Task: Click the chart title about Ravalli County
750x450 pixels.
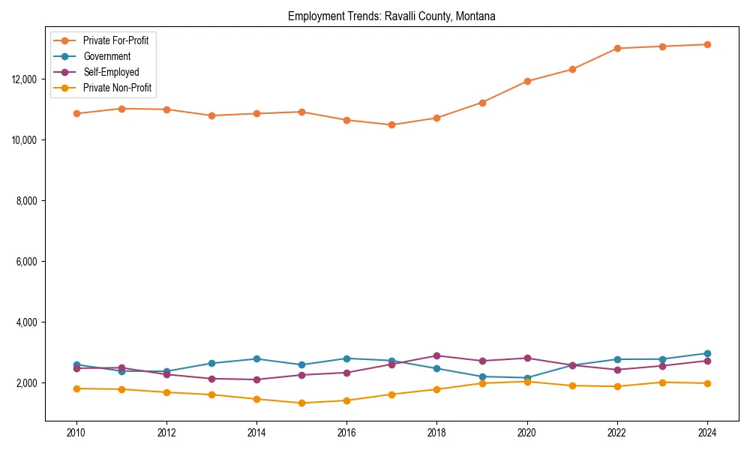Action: pos(391,16)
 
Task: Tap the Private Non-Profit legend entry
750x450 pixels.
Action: pos(117,88)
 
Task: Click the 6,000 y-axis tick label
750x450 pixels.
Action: pos(27,262)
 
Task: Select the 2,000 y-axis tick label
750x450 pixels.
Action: pos(27,383)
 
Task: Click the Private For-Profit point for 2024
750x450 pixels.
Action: pos(706,44)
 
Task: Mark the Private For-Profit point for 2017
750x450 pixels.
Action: pos(391,125)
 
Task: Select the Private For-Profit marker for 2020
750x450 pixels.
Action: pos(526,81)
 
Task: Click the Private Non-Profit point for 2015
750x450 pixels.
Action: pos(301,403)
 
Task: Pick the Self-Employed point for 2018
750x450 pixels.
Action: pos(436,355)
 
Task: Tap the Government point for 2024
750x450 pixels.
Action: pos(706,353)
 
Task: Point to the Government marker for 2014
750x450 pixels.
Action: pos(256,358)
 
